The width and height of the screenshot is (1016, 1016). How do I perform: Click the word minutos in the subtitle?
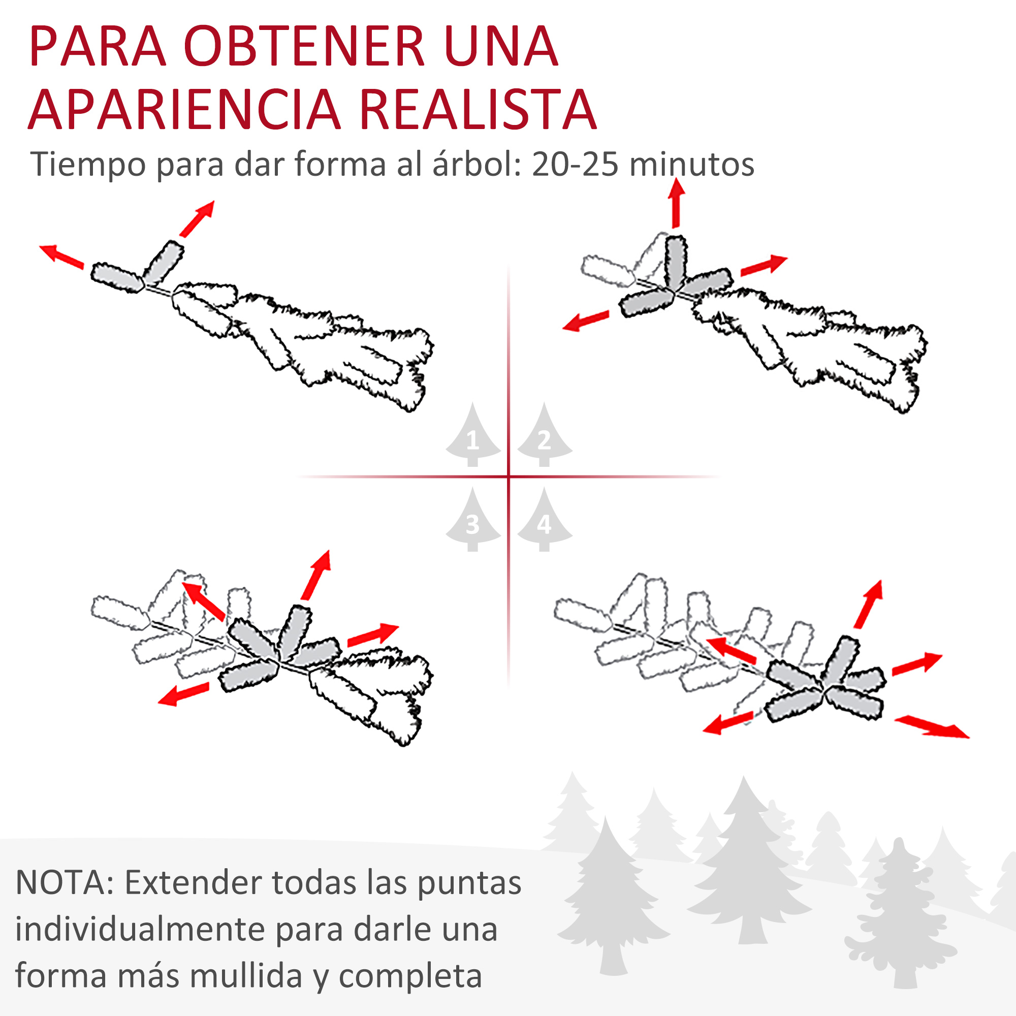coord(691,164)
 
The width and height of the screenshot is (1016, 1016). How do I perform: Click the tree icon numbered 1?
coord(473,434)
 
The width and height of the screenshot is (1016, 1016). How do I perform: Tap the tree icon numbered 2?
coord(544,434)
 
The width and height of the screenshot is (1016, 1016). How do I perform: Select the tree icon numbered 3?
coord(473,519)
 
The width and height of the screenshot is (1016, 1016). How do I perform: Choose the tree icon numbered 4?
coord(544,519)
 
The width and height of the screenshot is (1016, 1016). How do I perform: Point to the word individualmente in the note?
coord(139,930)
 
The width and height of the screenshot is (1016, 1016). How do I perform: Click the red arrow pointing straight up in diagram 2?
coord(676,203)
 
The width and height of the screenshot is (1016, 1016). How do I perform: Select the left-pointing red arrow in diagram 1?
coord(61,256)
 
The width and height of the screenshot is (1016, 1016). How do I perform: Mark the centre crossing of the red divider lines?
coord(509,477)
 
